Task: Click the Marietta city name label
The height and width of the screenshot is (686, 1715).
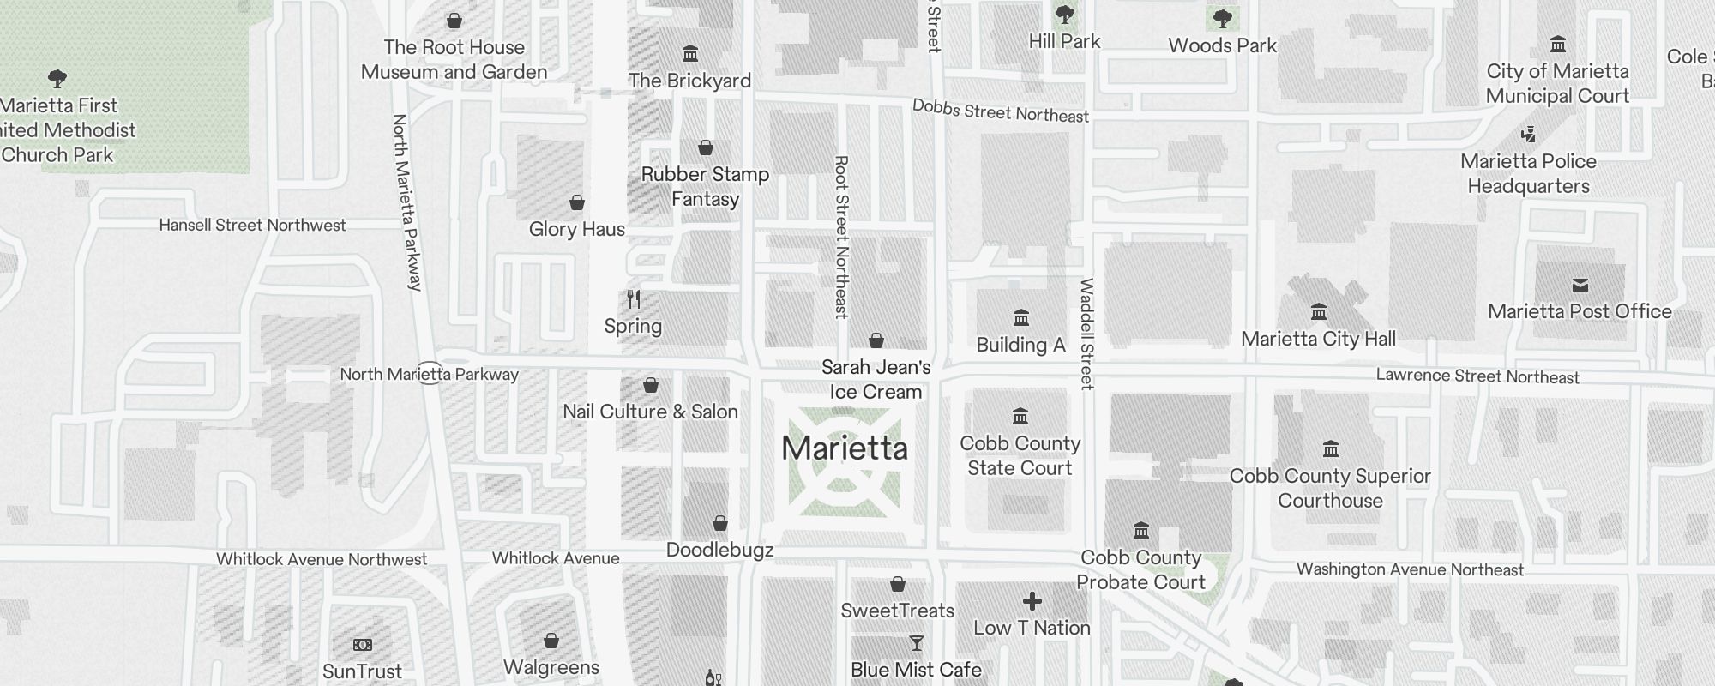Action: (845, 448)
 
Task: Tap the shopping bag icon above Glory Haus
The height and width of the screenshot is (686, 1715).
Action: (577, 203)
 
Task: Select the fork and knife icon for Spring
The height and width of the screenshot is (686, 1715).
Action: (634, 299)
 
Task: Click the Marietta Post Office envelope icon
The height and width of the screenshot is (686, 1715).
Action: (1580, 286)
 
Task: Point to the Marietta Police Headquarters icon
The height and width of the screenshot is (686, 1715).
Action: (1528, 135)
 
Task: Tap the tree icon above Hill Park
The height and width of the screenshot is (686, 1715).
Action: (1064, 15)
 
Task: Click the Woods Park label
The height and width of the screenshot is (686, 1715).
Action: (1222, 45)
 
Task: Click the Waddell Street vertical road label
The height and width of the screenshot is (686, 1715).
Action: (1086, 334)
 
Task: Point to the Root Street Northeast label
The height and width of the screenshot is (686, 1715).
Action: (841, 237)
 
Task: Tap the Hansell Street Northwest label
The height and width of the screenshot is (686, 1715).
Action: (252, 226)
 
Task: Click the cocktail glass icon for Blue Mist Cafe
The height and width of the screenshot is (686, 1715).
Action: (916, 643)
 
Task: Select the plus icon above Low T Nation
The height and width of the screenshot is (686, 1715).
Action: (1032, 601)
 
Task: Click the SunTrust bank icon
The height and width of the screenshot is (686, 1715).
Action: (363, 645)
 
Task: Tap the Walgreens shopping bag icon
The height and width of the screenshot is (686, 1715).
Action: (551, 641)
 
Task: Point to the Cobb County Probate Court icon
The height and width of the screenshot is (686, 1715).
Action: (1140, 530)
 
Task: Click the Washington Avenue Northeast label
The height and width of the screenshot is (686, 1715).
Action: (1409, 569)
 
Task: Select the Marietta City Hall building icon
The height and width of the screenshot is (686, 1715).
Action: (1319, 311)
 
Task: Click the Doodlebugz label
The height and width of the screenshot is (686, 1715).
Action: (719, 550)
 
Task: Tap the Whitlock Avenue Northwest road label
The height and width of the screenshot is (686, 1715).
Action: (321, 559)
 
